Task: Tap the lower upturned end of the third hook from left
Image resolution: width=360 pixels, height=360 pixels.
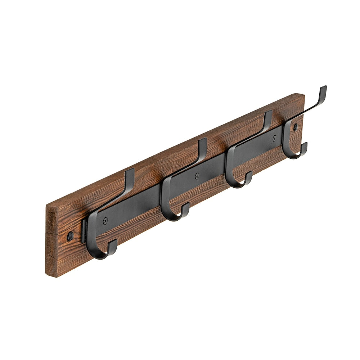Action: point(249,175)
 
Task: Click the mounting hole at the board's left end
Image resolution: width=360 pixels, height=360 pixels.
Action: point(70,236)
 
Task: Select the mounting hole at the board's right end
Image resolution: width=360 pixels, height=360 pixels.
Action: point(296,127)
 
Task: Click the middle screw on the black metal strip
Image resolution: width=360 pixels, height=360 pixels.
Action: point(197,176)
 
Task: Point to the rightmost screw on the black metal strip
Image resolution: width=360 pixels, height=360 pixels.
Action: point(275,138)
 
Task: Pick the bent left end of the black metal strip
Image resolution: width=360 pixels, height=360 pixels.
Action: point(84,230)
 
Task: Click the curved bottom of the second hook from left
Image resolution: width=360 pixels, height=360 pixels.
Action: point(172,219)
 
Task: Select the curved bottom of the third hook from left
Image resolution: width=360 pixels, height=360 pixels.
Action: point(236,186)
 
